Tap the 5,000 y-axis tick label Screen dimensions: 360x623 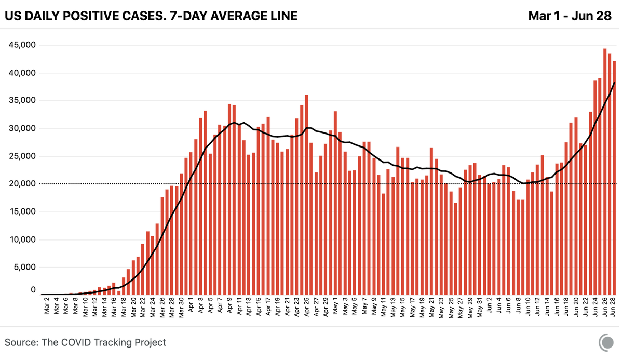tap(24, 268)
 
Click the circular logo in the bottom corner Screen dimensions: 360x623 tap(606, 343)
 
